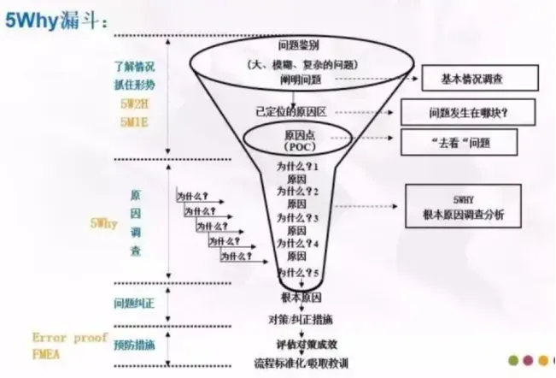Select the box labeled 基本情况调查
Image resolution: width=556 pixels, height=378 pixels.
480,79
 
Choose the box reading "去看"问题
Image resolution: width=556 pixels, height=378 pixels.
465,140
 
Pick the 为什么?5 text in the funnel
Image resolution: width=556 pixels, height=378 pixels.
298,271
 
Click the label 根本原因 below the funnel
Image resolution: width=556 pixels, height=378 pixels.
300,297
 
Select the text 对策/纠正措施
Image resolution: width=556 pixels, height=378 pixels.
300,319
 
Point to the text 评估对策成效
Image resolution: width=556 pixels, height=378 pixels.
300,344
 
